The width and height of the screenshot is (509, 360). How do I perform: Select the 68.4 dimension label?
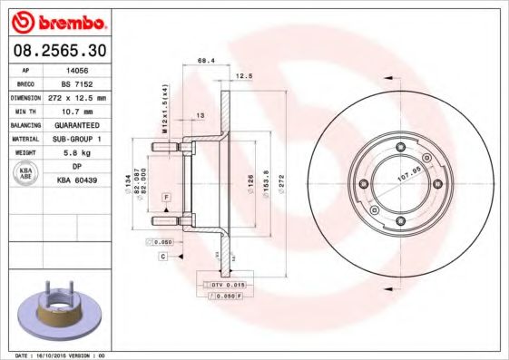(x=205, y=61)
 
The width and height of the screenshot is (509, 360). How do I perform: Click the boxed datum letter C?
(x=162, y=258)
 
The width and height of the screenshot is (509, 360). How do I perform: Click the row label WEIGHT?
(x=24, y=153)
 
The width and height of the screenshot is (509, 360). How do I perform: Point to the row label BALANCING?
(x=24, y=124)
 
